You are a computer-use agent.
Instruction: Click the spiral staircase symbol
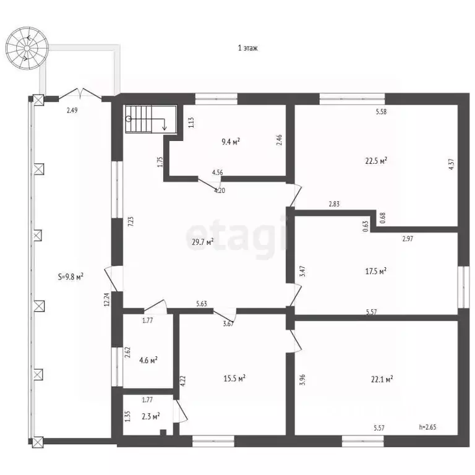(x=27, y=48)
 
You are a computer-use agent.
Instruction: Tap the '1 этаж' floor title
(x=248, y=48)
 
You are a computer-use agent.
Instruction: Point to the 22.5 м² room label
(x=376, y=161)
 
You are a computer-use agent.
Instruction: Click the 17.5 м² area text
(x=375, y=271)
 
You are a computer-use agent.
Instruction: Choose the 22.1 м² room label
(x=382, y=379)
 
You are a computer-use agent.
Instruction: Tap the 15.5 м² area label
(x=234, y=379)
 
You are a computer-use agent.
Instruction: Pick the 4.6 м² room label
(x=148, y=361)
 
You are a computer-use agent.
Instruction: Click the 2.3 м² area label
(x=151, y=416)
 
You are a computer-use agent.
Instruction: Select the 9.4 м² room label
(x=231, y=142)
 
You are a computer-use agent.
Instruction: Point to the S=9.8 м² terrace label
(x=71, y=276)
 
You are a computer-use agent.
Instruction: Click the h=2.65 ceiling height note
(x=427, y=427)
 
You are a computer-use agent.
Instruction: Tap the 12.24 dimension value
(x=106, y=299)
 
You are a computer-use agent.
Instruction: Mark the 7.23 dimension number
(x=131, y=221)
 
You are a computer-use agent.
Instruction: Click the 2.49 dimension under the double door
(x=72, y=110)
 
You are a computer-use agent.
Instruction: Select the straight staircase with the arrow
(x=151, y=119)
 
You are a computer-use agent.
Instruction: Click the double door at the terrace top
(x=80, y=93)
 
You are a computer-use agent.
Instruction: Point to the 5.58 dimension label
(x=382, y=111)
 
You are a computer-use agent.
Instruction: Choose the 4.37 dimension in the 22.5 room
(x=451, y=164)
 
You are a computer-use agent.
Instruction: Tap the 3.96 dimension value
(x=302, y=380)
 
